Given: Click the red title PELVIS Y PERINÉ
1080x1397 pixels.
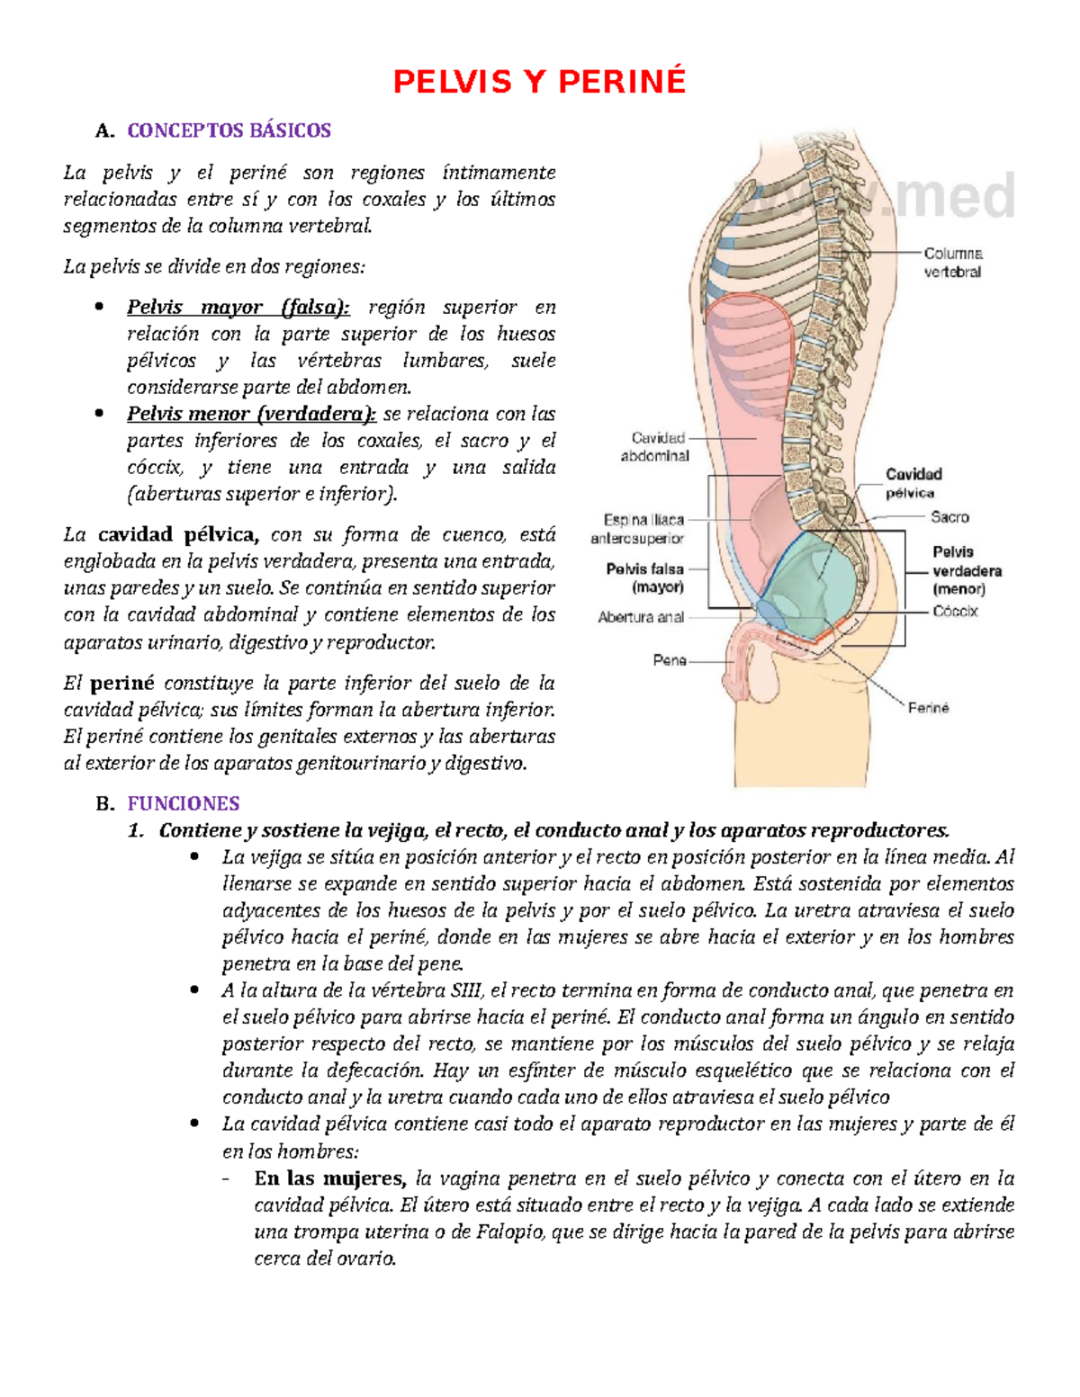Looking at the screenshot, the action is (539, 82).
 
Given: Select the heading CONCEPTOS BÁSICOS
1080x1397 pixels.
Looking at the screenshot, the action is (229, 130).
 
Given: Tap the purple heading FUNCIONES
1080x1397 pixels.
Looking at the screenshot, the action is (183, 803).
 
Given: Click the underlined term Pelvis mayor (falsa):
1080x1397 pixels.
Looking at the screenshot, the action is (238, 308).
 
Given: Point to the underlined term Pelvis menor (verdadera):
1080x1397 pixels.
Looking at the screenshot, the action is (251, 415).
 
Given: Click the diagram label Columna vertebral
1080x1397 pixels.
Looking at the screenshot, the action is (953, 263).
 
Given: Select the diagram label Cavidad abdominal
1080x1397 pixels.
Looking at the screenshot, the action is (656, 447).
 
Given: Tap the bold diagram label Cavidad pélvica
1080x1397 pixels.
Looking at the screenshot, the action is (913, 483).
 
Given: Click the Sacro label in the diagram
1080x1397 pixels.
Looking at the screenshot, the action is (949, 517).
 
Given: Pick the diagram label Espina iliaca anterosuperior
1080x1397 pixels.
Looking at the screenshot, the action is (638, 529).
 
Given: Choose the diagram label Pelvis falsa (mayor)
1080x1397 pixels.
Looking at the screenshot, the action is (646, 578).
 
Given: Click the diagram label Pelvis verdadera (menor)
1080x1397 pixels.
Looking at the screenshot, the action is (966, 570).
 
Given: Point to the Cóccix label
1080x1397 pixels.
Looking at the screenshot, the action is (955, 612).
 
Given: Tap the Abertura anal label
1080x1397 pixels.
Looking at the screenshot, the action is (642, 618).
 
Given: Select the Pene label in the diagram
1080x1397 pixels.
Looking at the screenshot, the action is (670, 660).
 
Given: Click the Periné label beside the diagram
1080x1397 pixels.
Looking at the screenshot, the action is (928, 708).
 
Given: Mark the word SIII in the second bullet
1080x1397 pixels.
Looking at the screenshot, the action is (460, 991).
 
